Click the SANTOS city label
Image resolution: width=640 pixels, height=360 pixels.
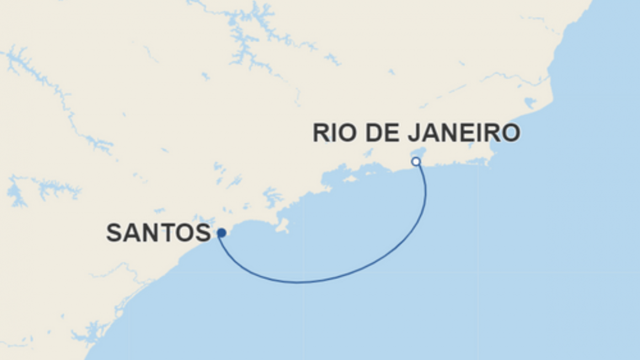tap(158, 233)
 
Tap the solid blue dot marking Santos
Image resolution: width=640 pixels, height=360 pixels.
tap(221, 233)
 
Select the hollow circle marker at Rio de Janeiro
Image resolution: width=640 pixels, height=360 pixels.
tap(416, 162)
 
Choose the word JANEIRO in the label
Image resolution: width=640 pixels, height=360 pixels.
tap(465, 133)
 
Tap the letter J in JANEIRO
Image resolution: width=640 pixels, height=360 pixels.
tap(416, 133)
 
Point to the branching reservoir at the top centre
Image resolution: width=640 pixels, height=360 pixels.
tap(243, 39)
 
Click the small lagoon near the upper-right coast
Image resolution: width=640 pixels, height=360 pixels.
tap(530, 103)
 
